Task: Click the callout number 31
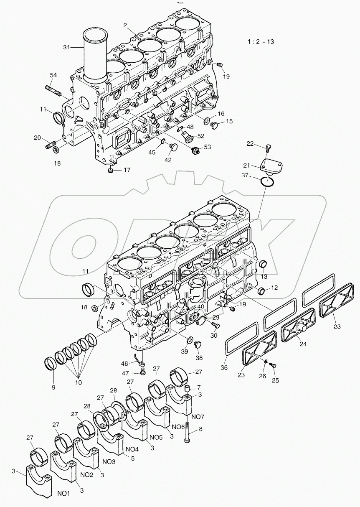(67, 48)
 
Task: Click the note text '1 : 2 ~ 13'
(261, 41)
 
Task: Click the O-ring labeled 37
(267, 182)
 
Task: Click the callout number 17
(127, 170)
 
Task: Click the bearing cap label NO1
(63, 494)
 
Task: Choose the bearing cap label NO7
(198, 417)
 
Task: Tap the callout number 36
(225, 368)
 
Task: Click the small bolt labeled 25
(274, 366)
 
